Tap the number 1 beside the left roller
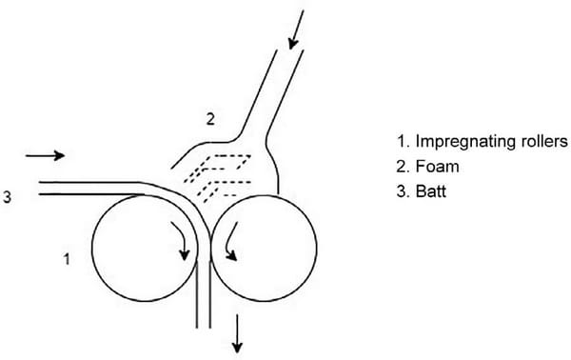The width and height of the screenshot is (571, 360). (x=65, y=258)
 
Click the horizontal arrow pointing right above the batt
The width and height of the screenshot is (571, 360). (x=45, y=154)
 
